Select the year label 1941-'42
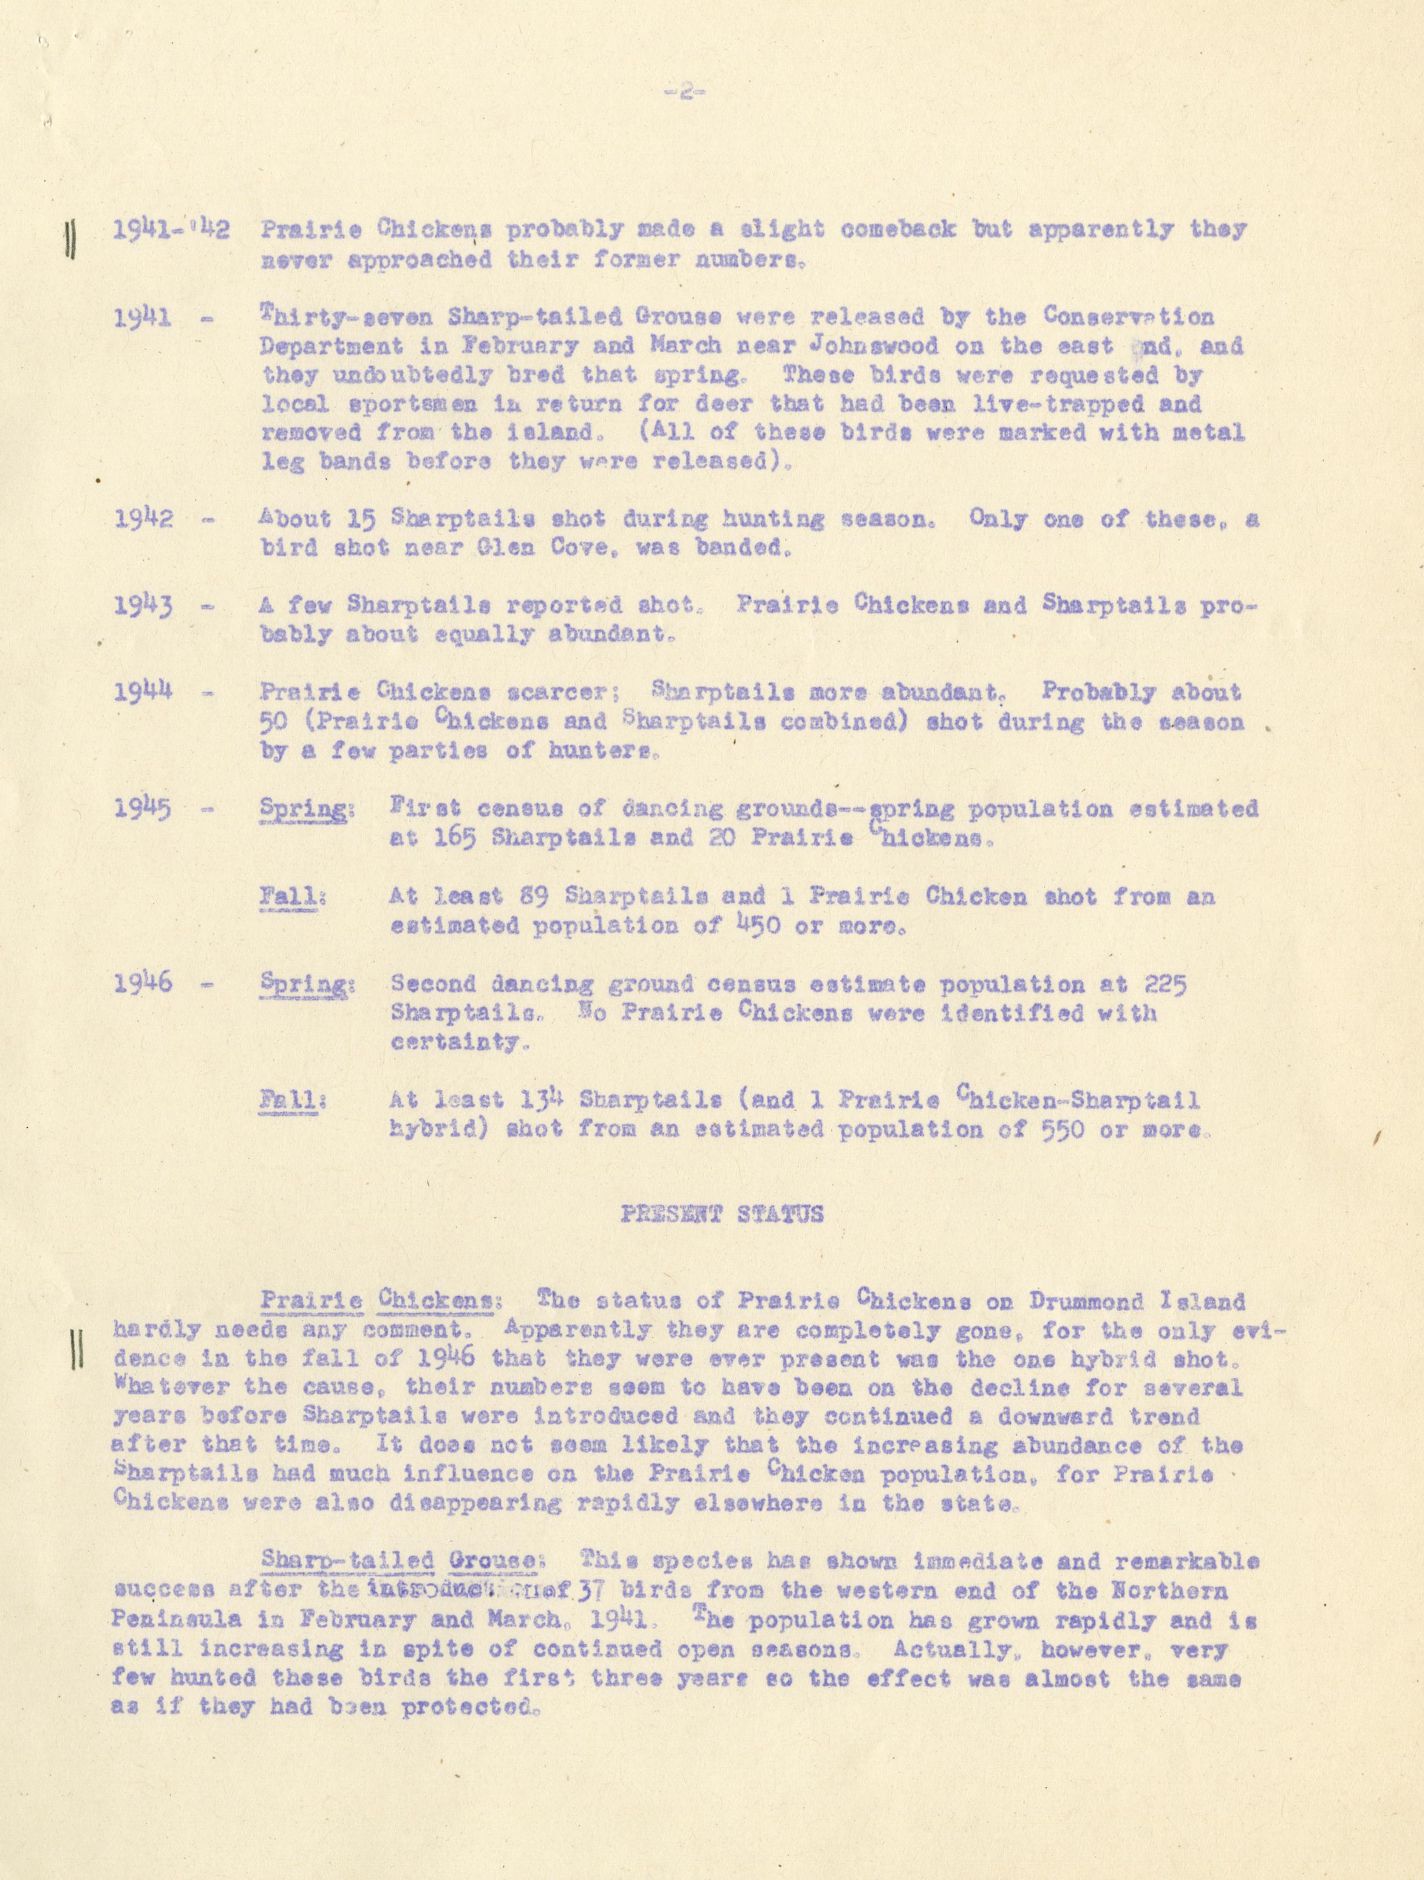click(x=170, y=229)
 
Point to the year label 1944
click(x=144, y=691)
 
